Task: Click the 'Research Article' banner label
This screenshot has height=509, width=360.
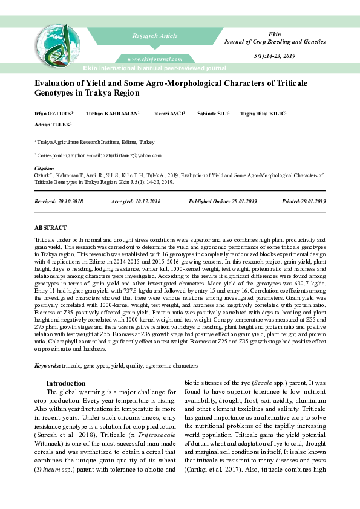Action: pyautogui.click(x=155, y=36)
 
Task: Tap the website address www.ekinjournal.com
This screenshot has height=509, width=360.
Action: pyautogui.click(x=155, y=59)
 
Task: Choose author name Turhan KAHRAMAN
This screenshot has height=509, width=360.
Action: pyautogui.click(x=113, y=113)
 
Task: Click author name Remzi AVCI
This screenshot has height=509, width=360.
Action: pyautogui.click(x=169, y=113)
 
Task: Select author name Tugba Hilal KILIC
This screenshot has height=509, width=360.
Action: pyautogui.click(x=263, y=113)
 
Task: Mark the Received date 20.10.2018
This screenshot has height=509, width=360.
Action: pyautogui.click(x=70, y=200)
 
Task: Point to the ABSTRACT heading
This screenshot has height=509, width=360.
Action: pyautogui.click(x=51, y=227)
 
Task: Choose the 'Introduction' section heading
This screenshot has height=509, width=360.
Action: pyautogui.click(x=66, y=383)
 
